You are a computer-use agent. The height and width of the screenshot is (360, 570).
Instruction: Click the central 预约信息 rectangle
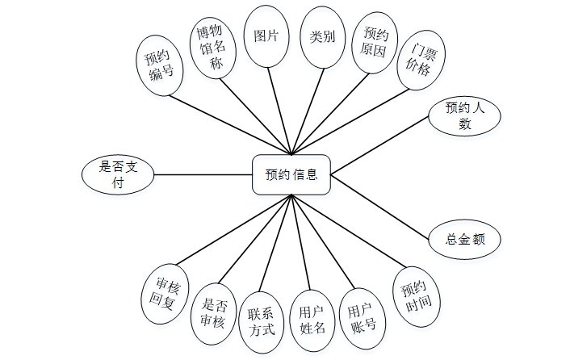(291, 174)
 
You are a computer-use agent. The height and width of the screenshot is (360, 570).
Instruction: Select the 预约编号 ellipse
(161, 65)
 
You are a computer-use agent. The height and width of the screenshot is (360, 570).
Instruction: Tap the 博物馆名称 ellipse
(216, 47)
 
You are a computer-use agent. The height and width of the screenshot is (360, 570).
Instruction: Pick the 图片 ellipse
(266, 37)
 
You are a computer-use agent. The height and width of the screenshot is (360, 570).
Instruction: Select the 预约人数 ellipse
(464, 116)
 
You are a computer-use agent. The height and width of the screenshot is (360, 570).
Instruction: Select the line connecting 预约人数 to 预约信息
(379, 146)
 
